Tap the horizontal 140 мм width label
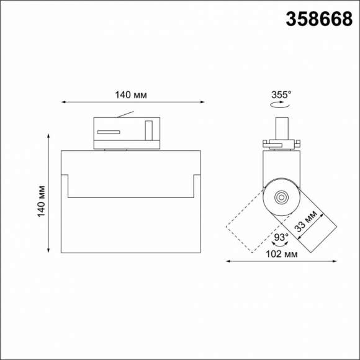(131, 95)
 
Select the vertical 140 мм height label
(42, 200)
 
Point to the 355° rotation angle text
(281, 95)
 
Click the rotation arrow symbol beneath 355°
(281, 106)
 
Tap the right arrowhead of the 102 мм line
(335, 261)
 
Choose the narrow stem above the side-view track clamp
(281, 128)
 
